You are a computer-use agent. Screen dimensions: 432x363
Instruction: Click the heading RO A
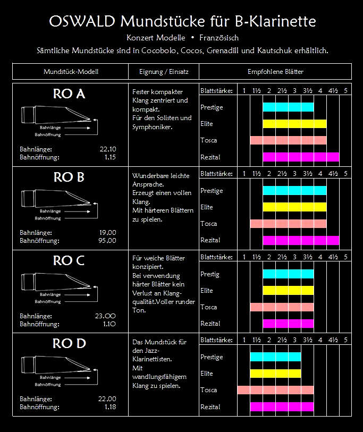click(69, 94)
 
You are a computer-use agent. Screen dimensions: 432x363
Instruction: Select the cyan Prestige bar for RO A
click(288, 107)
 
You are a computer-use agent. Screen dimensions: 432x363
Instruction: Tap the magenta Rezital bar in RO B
click(301, 240)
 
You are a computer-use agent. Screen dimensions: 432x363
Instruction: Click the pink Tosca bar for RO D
click(275, 390)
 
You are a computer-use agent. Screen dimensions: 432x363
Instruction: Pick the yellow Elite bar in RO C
click(288, 290)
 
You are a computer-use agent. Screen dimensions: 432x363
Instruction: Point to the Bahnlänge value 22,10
click(108, 149)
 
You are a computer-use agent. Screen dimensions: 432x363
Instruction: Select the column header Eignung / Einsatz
click(164, 71)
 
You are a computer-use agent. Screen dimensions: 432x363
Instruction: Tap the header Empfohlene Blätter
click(275, 71)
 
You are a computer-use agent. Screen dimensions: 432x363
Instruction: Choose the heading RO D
click(69, 344)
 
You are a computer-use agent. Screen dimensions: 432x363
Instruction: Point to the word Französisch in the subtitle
click(219, 38)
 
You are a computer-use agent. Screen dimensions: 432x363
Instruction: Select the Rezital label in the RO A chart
click(210, 157)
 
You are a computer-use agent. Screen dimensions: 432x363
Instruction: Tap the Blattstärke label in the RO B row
click(216, 174)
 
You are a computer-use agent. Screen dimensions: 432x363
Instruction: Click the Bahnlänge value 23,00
click(105, 316)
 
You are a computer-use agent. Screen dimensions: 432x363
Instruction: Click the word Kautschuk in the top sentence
click(268, 51)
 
